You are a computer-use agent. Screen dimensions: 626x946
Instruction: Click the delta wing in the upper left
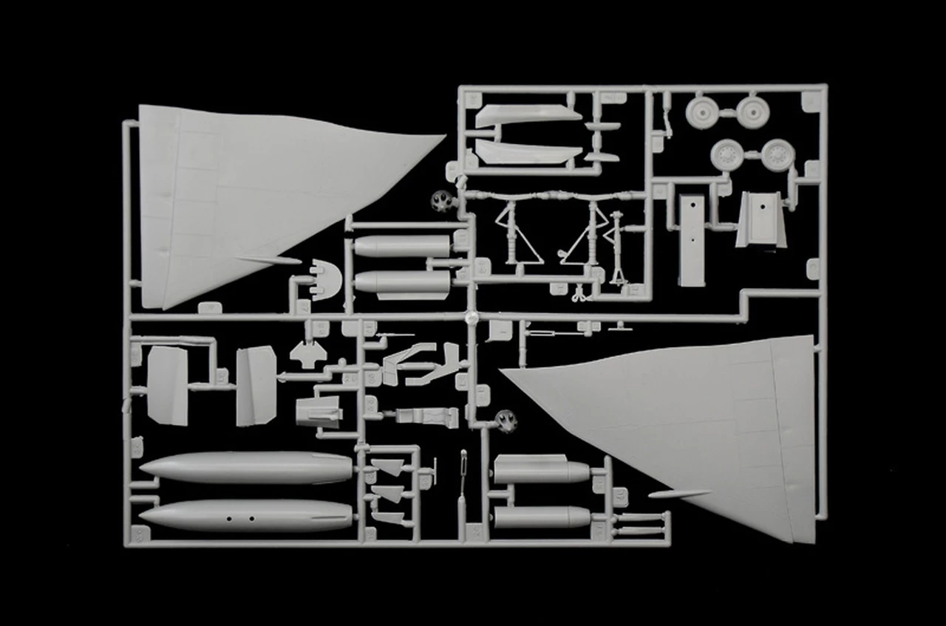(x=244, y=192)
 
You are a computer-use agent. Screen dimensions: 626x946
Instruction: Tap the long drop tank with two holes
(x=248, y=515)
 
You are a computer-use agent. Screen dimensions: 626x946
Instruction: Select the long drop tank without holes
(x=248, y=467)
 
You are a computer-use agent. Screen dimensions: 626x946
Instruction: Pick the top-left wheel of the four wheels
(x=703, y=112)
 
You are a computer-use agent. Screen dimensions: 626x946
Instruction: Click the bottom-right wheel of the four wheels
(x=777, y=155)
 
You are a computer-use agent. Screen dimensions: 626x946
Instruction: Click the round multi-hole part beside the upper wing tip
(x=442, y=200)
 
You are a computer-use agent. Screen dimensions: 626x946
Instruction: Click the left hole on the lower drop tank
(x=228, y=518)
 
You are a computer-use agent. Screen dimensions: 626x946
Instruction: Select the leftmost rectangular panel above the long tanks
(x=168, y=385)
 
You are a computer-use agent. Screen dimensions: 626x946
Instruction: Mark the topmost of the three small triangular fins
(x=386, y=467)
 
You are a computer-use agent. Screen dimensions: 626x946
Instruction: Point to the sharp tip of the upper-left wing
(x=443, y=136)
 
